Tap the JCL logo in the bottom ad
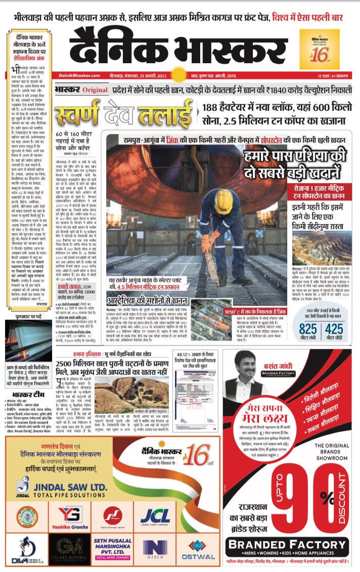pyautogui.click(x=155, y=516)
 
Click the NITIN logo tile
pyautogui.click(x=155, y=549)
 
